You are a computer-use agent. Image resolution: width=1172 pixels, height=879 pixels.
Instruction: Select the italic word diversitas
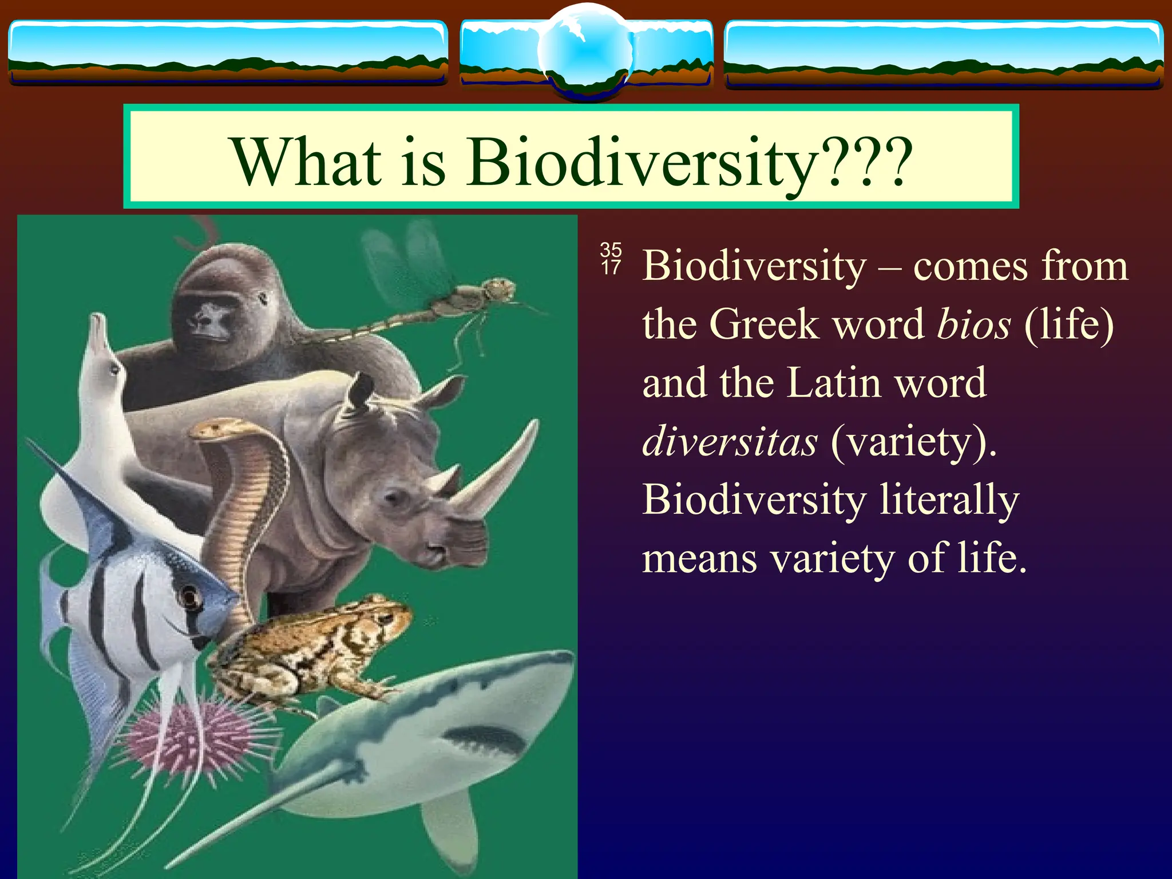[x=730, y=442]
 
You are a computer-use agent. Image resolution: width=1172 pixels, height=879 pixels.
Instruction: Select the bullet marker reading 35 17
[x=611, y=258]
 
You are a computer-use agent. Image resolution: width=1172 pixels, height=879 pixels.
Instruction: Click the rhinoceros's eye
[x=395, y=497]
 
